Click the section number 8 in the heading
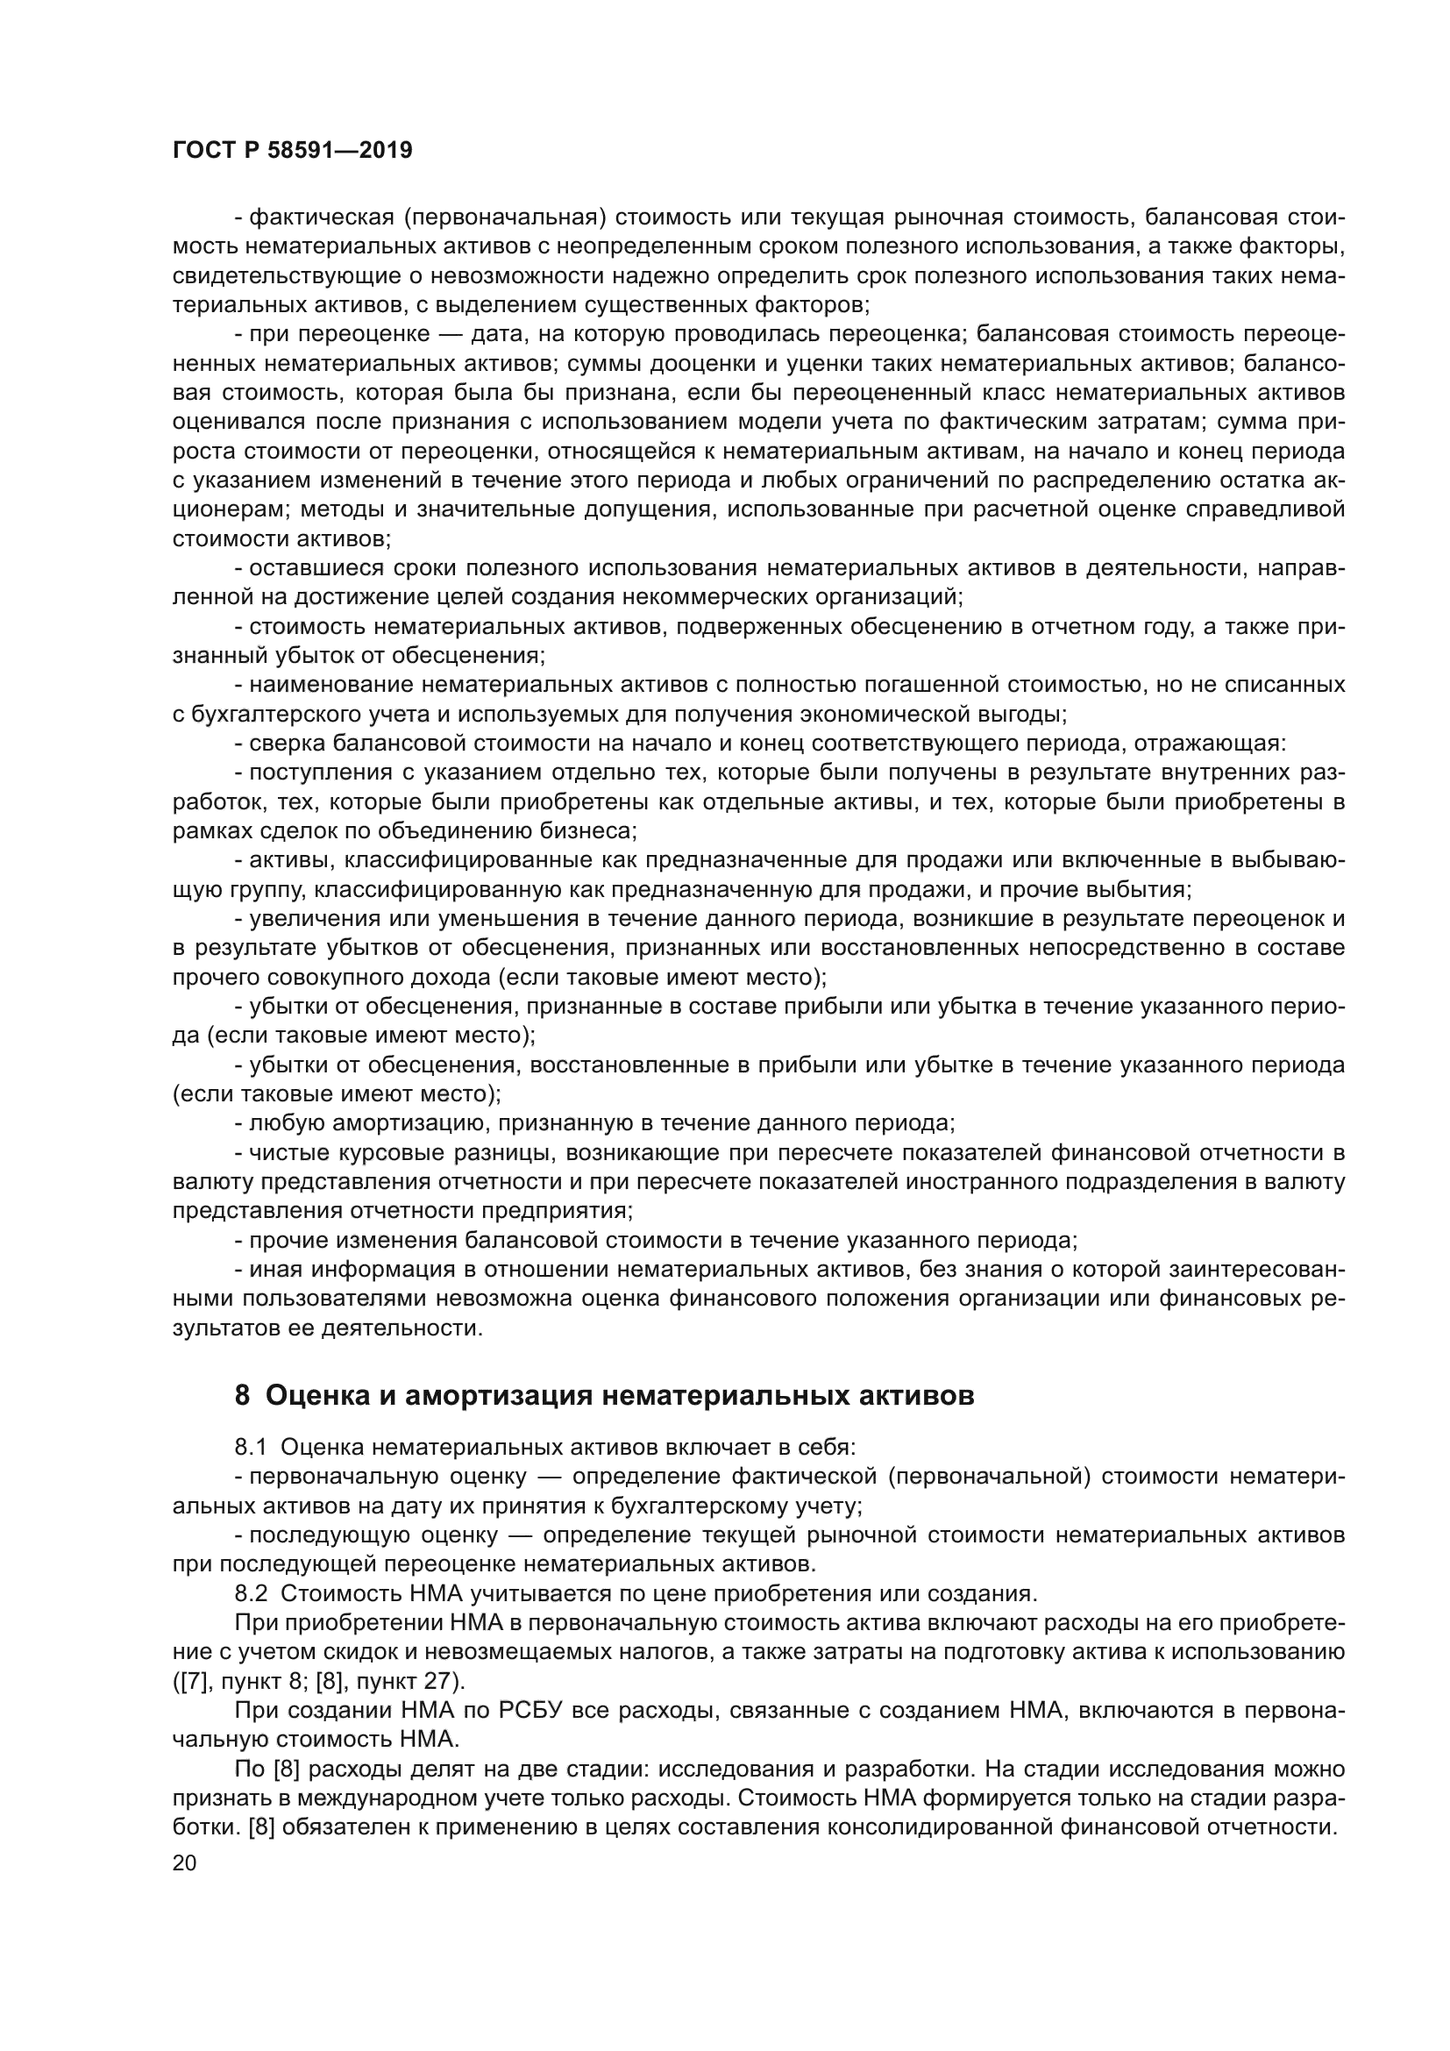pos(242,1395)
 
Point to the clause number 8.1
pos(252,1447)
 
